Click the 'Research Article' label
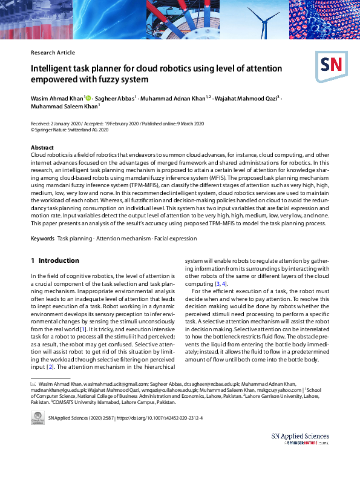point(53,53)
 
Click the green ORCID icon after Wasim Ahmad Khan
point(88,97)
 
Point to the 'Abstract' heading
point(42,148)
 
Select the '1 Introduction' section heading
point(54,260)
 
